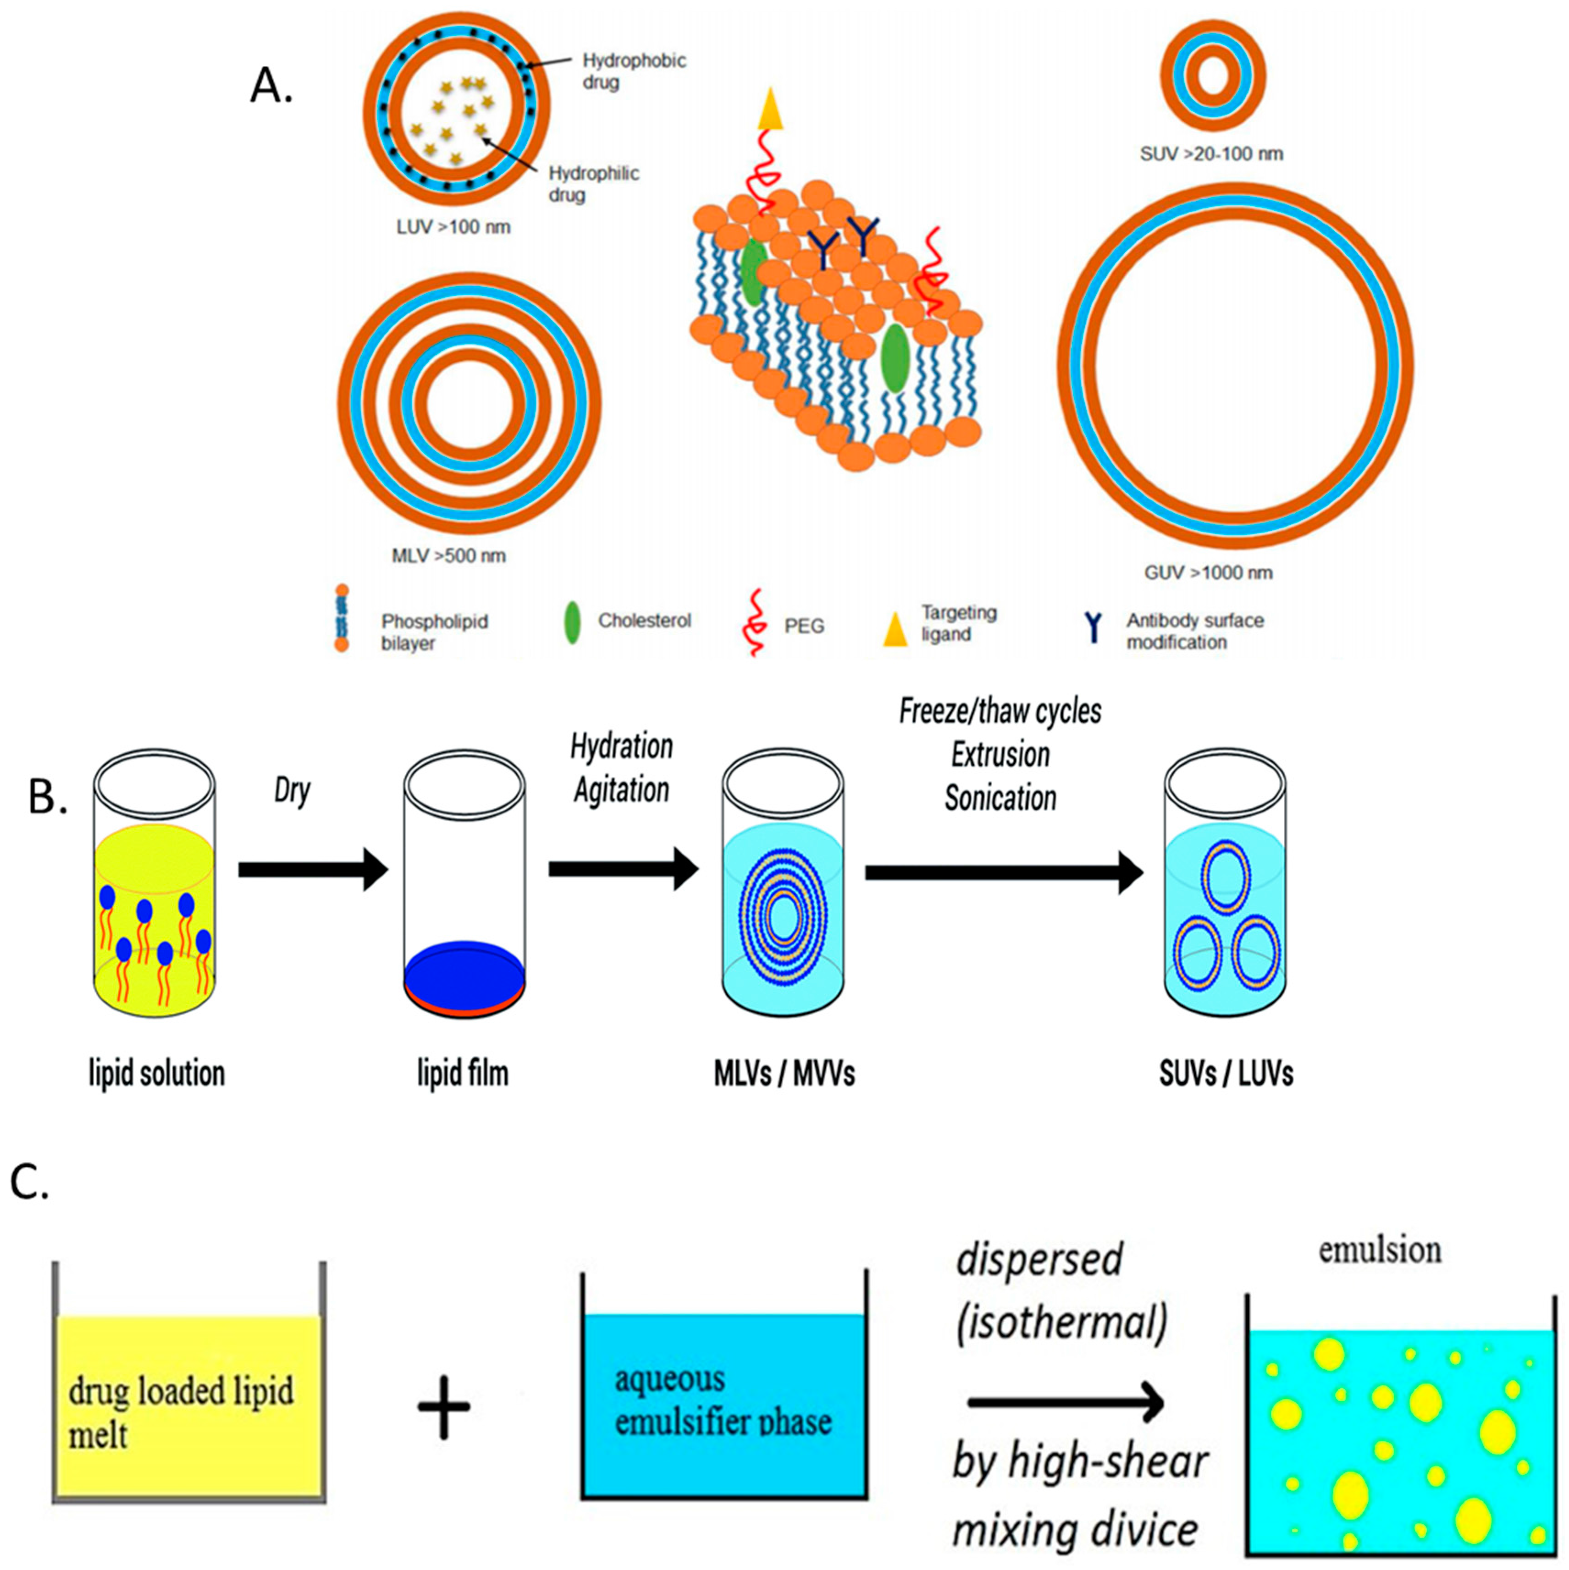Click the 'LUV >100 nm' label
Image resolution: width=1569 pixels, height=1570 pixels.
453,227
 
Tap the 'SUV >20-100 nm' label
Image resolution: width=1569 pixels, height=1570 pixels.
1211,154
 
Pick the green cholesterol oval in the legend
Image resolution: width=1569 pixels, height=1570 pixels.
572,622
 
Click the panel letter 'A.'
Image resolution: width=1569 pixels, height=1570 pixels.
271,85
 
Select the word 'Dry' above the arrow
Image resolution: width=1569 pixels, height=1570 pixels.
292,790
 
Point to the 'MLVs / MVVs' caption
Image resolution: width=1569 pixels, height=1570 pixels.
784,1074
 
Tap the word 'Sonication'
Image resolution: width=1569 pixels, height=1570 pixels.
1000,798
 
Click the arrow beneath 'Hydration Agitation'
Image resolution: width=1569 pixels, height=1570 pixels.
624,869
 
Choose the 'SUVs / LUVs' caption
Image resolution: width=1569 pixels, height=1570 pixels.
1226,1074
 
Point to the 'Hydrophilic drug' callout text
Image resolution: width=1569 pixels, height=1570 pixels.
593,184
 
